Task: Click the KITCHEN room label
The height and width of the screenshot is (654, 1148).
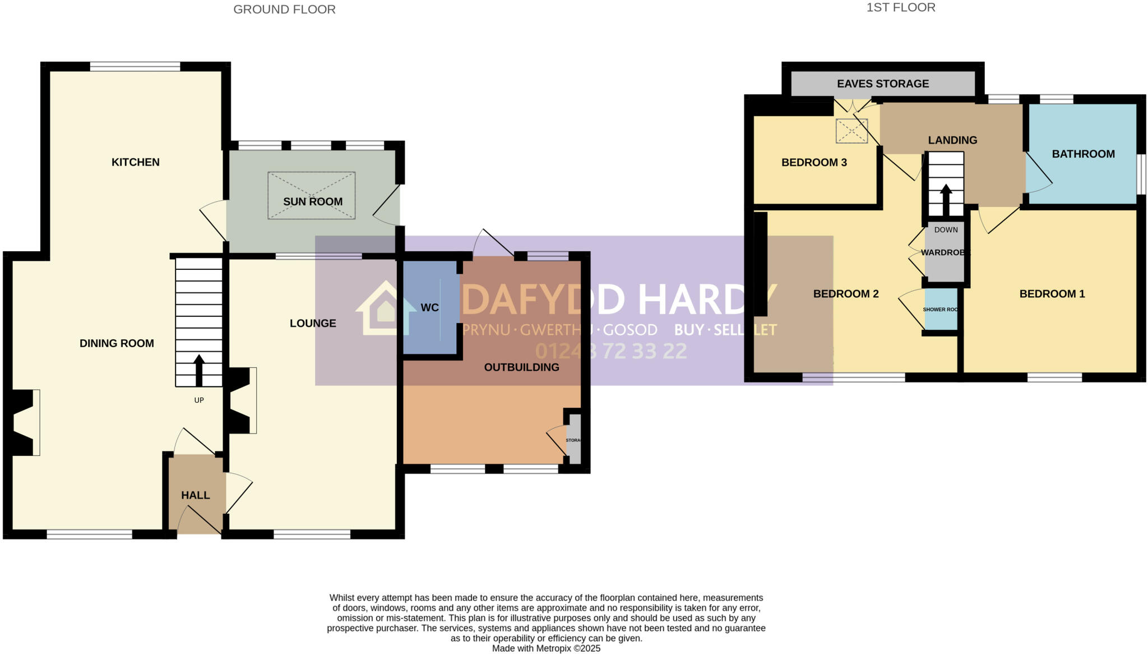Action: (136, 162)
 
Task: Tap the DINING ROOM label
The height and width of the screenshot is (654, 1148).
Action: (117, 343)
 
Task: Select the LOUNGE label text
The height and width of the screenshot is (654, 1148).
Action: (313, 323)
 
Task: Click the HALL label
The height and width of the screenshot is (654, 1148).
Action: (196, 495)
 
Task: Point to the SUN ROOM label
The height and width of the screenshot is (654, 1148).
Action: (313, 201)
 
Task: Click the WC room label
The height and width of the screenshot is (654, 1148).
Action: (430, 307)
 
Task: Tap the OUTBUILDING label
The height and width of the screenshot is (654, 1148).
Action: (521, 367)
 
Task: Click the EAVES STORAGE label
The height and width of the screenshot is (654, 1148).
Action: (883, 84)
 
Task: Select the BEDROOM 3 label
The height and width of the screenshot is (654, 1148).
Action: (814, 163)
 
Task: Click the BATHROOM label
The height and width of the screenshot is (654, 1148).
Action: (1083, 154)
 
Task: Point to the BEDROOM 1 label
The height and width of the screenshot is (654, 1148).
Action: (1052, 294)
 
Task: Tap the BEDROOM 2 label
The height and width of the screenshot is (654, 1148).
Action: (846, 294)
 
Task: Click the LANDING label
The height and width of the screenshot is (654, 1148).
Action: (952, 140)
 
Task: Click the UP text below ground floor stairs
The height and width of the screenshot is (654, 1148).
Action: (199, 400)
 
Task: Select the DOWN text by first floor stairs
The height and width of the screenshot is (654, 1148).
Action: (946, 229)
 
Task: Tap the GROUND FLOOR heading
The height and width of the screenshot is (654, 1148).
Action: (284, 10)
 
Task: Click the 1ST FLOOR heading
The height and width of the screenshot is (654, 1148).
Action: (901, 7)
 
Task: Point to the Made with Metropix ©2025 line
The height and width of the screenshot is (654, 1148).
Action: (546, 648)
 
